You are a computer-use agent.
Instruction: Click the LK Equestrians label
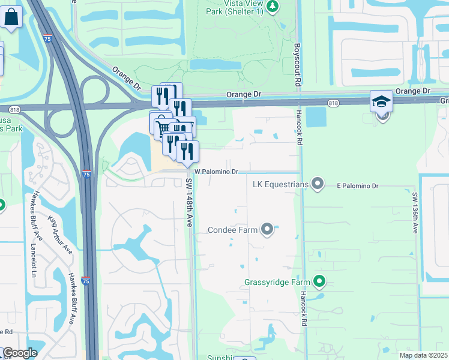point(280,184)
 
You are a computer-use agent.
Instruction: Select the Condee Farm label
point(233,229)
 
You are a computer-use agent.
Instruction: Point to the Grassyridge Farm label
point(277,282)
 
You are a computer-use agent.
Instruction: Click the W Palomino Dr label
point(216,172)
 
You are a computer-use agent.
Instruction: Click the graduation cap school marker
point(382,101)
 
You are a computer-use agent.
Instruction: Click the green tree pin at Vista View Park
point(273,7)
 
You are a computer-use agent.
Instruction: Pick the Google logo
point(20,353)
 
